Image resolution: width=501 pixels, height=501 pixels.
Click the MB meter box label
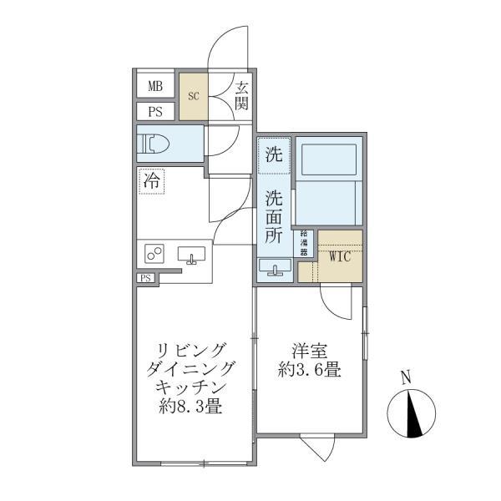(155, 85)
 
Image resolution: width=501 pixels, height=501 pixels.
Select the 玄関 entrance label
(241, 95)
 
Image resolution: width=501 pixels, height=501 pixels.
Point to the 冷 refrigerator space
(151, 180)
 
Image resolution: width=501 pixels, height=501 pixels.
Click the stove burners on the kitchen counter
(154, 253)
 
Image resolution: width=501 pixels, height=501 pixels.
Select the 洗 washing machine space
(273, 154)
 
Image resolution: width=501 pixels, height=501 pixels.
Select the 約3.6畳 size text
(310, 370)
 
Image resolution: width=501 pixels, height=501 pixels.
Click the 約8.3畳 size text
(190, 408)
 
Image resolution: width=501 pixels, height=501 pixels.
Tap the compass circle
(412, 413)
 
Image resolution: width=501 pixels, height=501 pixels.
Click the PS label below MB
(155, 112)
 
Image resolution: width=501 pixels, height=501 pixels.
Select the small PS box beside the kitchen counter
(145, 278)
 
